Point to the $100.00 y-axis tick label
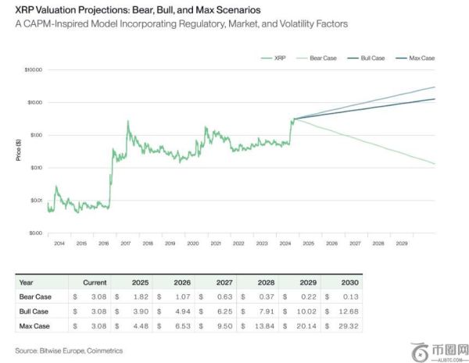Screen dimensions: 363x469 [x=34, y=70]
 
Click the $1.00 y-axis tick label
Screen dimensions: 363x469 [x=35, y=135]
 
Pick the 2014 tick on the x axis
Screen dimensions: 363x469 [x=59, y=244]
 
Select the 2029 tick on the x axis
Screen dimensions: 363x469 [x=401, y=244]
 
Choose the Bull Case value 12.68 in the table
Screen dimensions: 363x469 [x=349, y=311]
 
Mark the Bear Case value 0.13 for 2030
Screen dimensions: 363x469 [x=351, y=297]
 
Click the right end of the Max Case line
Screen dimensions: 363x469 [x=435, y=87]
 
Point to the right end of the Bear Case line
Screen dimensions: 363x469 [x=435, y=164]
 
